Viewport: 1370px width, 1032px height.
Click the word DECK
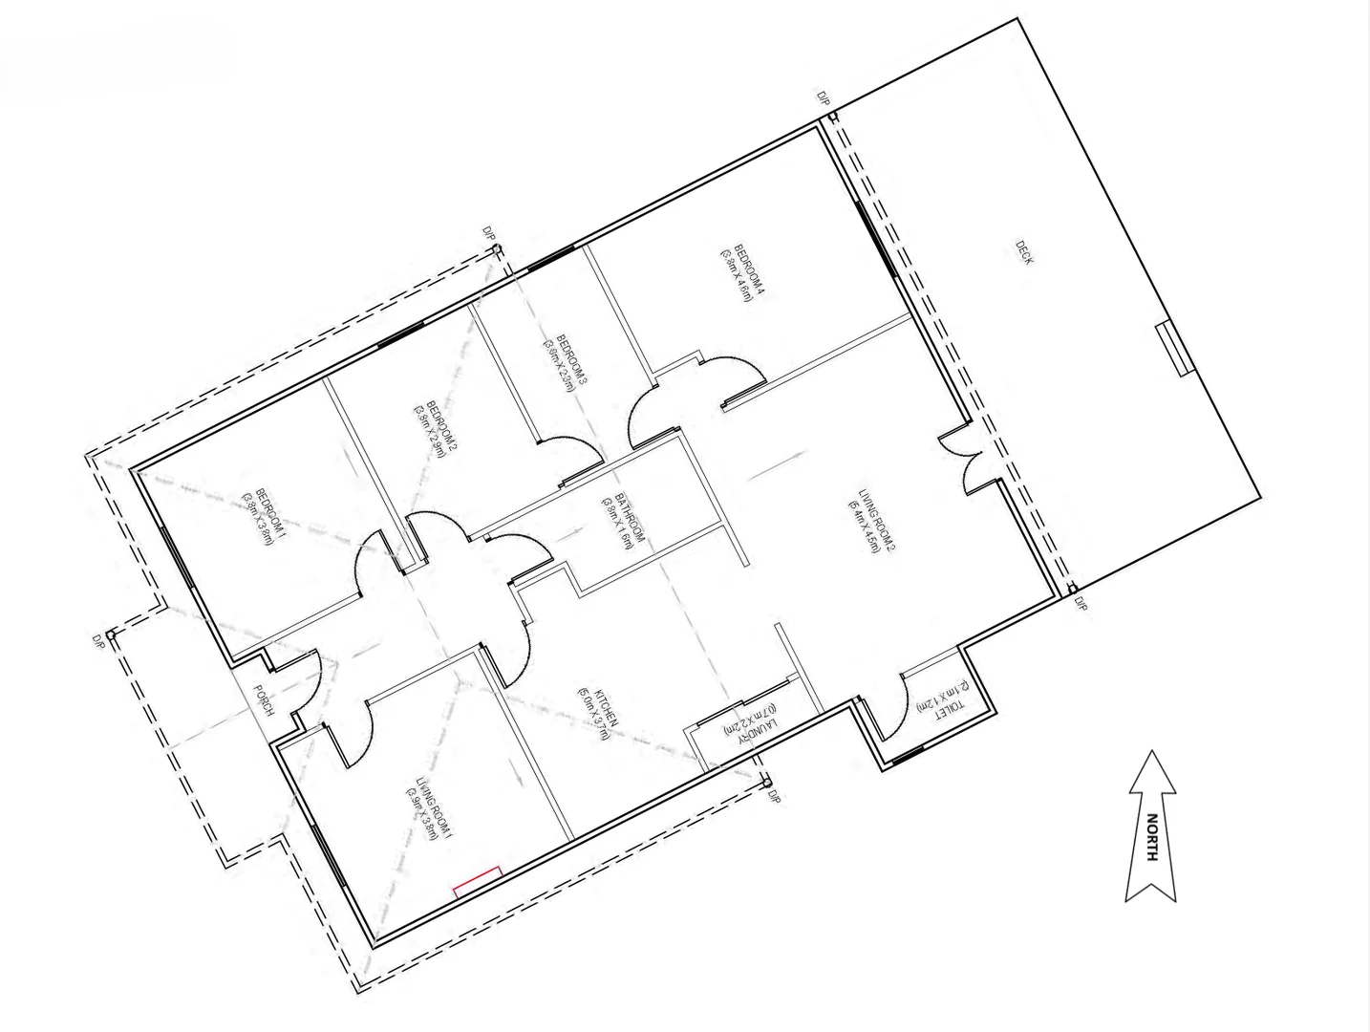click(1024, 252)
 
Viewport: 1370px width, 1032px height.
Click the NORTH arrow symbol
click(1151, 827)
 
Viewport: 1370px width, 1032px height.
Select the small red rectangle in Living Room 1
click(477, 881)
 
